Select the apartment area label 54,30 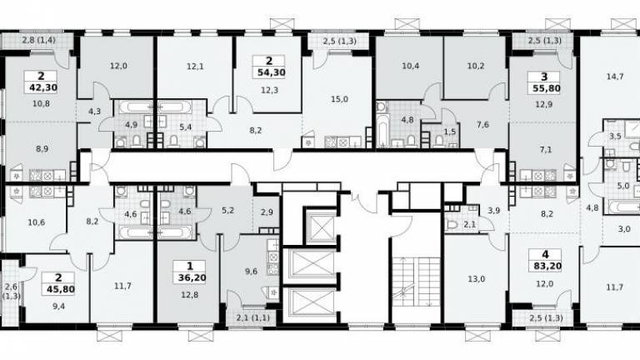pyautogui.click(x=271, y=72)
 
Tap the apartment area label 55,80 pyautogui.click(x=546, y=88)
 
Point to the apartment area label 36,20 pyautogui.click(x=192, y=278)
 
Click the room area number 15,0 pyautogui.click(x=340, y=99)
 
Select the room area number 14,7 pyautogui.click(x=615, y=77)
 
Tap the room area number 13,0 pyautogui.click(x=476, y=279)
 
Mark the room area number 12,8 pyautogui.click(x=190, y=294)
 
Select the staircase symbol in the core pyautogui.click(x=416, y=282)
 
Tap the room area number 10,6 pyautogui.click(x=37, y=222)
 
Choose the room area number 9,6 pyautogui.click(x=251, y=272)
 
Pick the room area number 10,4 pyautogui.click(x=410, y=66)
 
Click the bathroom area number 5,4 pyautogui.click(x=186, y=127)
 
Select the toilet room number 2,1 pyautogui.click(x=470, y=224)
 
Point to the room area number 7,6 pyautogui.click(x=482, y=125)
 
